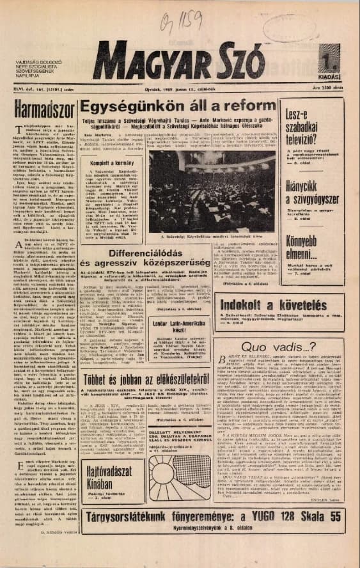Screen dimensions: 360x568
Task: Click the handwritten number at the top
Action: pyautogui.click(x=179, y=24)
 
